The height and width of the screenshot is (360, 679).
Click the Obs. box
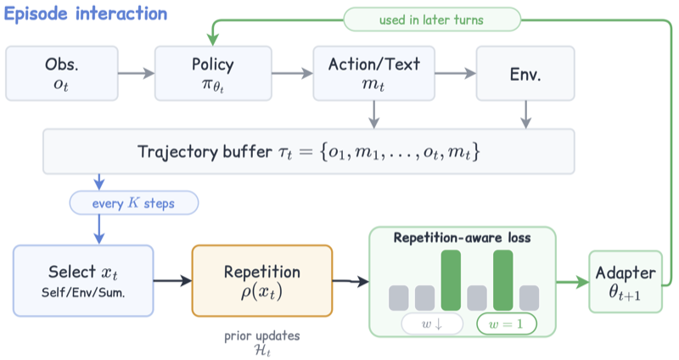click(x=62, y=74)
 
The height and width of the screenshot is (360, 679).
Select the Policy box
click(x=213, y=74)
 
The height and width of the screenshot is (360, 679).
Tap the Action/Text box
click(x=373, y=74)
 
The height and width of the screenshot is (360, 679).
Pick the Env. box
click(x=525, y=74)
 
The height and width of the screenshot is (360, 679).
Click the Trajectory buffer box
click(x=309, y=152)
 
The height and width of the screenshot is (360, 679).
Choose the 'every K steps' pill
click(x=134, y=203)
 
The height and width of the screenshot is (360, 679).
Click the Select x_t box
click(x=83, y=281)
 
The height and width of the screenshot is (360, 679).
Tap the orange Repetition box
click(x=262, y=281)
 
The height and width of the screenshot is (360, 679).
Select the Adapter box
click(x=626, y=282)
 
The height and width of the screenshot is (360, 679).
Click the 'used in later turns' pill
click(x=432, y=20)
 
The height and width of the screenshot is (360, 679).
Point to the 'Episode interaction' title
click(x=86, y=14)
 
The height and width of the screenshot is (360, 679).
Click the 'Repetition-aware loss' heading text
click(x=462, y=238)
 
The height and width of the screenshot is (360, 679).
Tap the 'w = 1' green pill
click(x=506, y=324)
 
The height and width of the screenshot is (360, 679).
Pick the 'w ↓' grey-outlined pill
click(x=432, y=324)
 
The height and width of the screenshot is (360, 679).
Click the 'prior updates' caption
click(x=262, y=335)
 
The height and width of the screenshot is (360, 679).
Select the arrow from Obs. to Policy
click(x=136, y=73)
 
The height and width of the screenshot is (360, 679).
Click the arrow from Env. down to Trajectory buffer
click(x=525, y=115)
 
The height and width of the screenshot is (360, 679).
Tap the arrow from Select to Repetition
click(x=173, y=281)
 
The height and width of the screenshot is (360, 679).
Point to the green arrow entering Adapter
click(x=572, y=283)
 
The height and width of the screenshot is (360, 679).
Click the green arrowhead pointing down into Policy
click(x=213, y=39)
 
